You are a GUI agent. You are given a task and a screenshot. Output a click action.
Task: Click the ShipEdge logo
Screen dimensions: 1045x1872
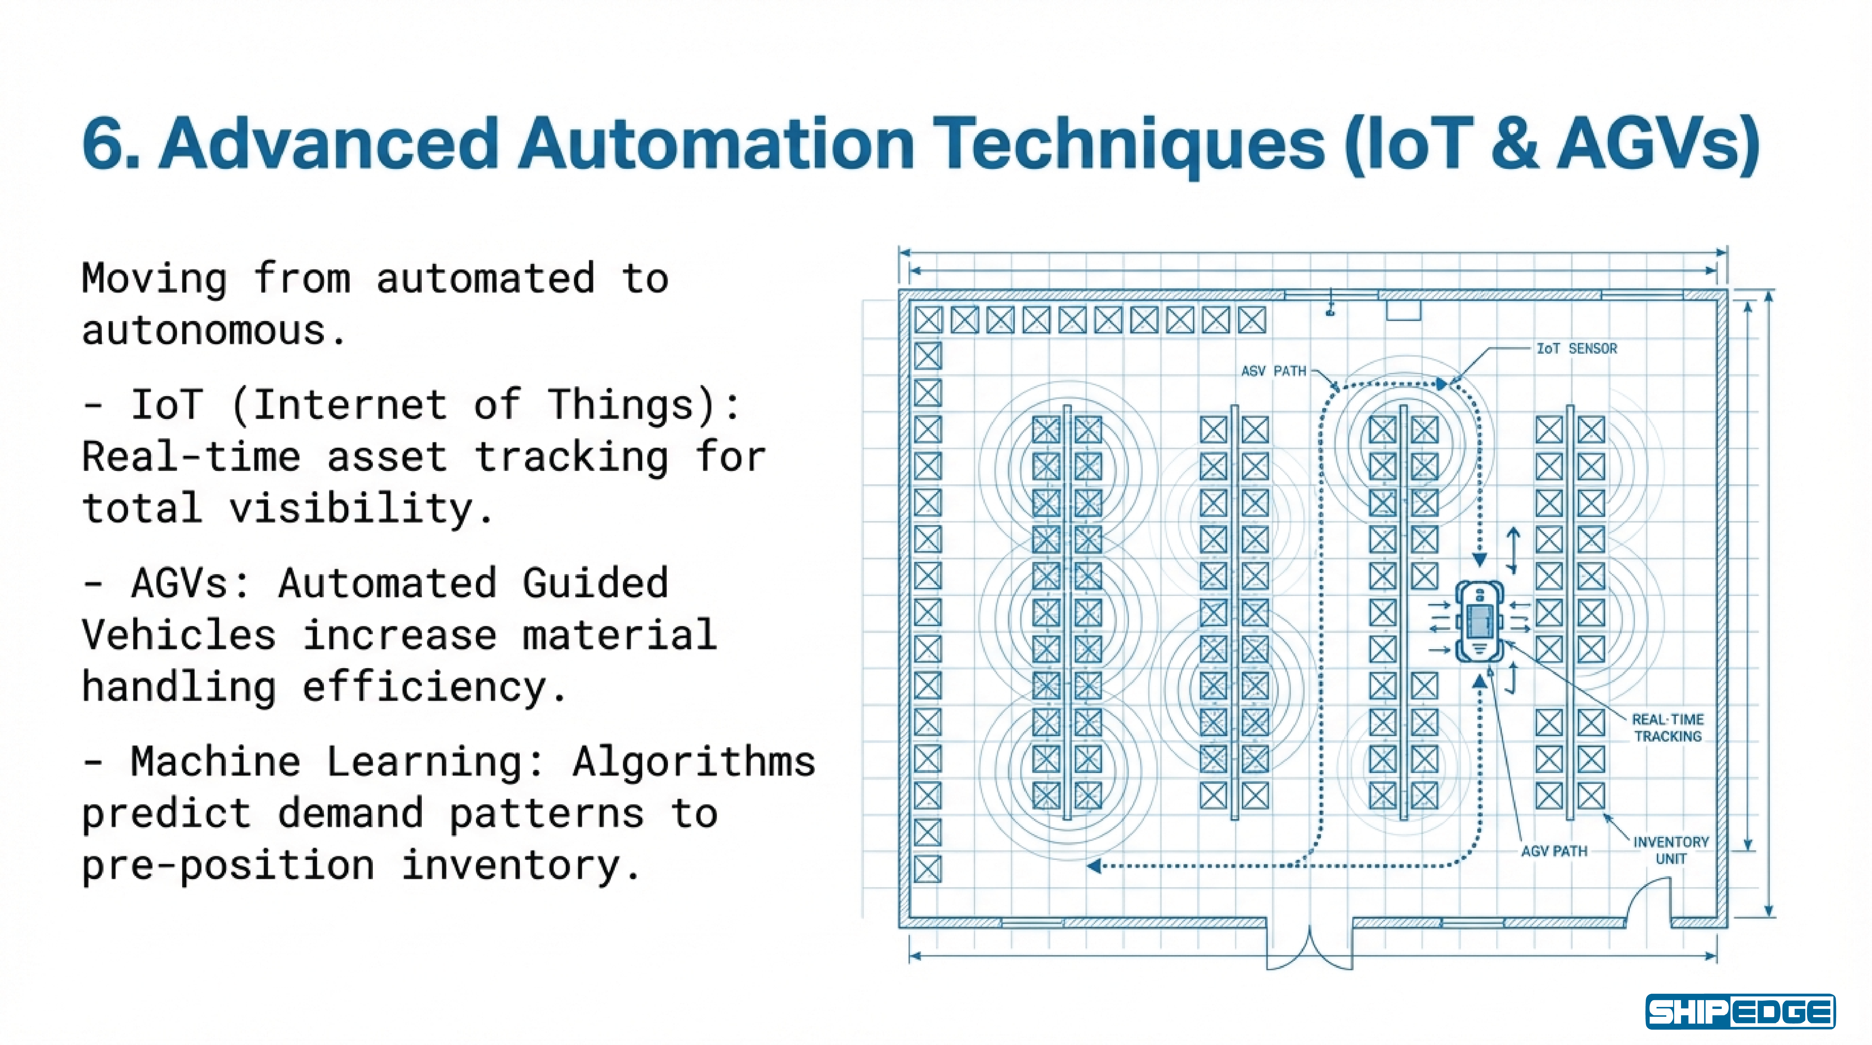coord(1740,1012)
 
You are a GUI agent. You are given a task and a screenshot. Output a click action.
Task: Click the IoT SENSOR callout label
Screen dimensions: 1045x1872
coord(1576,349)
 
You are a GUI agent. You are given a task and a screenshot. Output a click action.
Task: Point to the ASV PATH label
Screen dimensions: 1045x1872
coord(1273,371)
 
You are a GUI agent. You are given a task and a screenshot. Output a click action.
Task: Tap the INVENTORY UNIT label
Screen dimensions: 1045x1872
coord(1670,850)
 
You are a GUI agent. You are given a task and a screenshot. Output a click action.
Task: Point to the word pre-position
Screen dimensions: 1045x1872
coord(228,865)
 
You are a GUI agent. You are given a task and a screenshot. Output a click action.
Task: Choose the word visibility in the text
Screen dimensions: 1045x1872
coord(351,508)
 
